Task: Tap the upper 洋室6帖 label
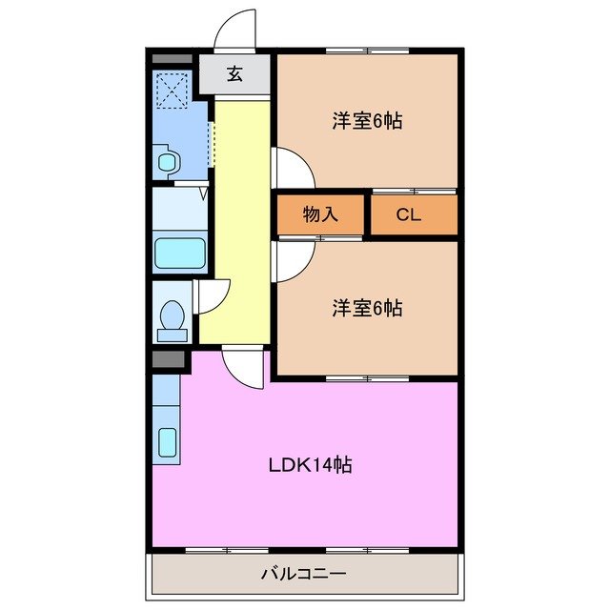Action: click(367, 121)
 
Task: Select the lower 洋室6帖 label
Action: click(367, 308)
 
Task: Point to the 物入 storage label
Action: click(320, 214)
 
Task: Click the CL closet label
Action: click(409, 214)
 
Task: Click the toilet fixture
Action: click(173, 319)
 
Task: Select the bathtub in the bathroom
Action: click(179, 254)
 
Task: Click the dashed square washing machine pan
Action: click(173, 92)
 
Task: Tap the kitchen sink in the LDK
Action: click(167, 444)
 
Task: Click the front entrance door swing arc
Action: click(235, 29)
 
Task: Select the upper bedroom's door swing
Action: click(292, 169)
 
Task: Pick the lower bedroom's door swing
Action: click(292, 258)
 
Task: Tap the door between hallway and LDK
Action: click(243, 367)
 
